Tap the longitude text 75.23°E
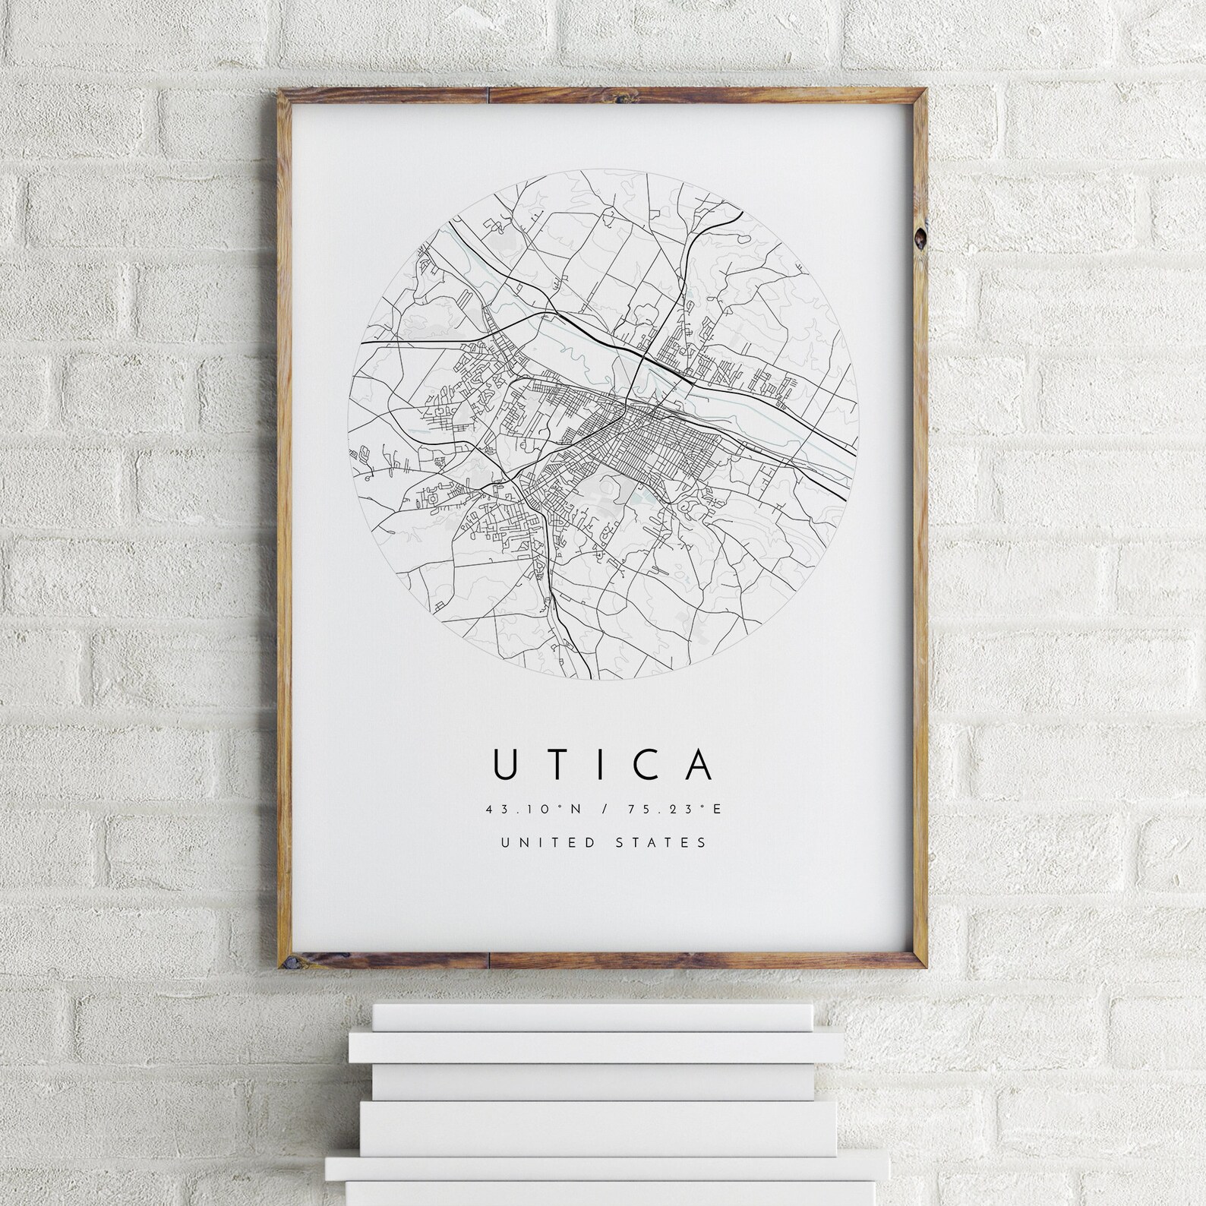(x=673, y=809)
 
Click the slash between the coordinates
(x=603, y=809)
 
